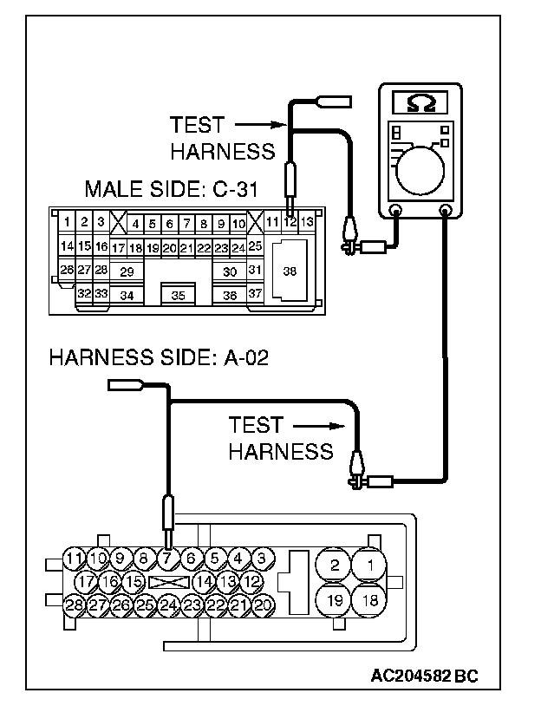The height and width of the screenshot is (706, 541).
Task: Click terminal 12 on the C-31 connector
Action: pos(290,221)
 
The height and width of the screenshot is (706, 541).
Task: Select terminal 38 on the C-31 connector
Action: pos(290,271)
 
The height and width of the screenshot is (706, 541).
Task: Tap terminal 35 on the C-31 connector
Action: pos(179,295)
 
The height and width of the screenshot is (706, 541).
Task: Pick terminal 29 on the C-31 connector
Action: pos(127,271)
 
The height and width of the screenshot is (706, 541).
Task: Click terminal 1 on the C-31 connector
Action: pos(67,221)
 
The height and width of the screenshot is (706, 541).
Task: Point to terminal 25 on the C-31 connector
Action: pos(255,245)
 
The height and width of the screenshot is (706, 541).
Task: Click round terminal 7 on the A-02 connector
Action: pos(167,559)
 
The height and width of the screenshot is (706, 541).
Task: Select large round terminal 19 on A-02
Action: pos(335,601)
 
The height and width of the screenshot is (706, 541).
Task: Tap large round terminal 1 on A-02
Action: pos(369,565)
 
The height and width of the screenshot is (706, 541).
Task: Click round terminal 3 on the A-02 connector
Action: pos(262,559)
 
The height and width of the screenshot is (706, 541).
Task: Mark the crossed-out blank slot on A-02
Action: pos(169,582)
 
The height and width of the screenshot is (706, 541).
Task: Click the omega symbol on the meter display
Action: pos(420,102)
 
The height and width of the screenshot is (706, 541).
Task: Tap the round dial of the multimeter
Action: pos(420,170)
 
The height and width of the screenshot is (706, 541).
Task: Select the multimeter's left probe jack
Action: pos(395,210)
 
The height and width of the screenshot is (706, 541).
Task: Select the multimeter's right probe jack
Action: pos(445,210)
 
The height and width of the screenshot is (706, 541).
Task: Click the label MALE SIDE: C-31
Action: pos(172,189)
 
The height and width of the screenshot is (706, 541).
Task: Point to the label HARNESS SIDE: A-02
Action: pos(159,358)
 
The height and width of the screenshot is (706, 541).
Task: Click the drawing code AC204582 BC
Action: pos(425,676)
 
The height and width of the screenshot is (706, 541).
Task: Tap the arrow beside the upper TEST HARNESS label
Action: pos(261,125)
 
